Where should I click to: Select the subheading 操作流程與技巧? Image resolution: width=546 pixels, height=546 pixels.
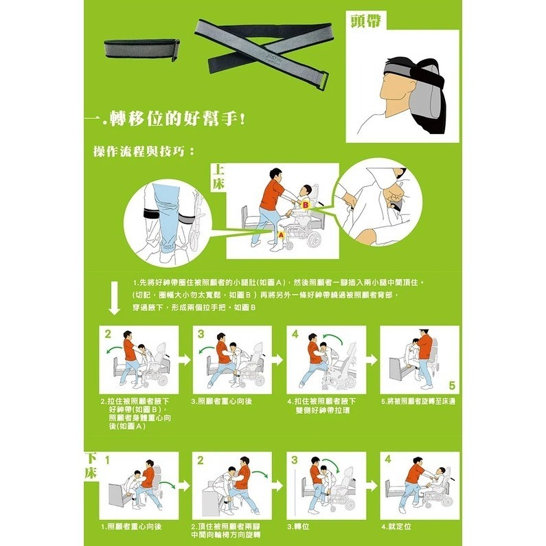click(x=144, y=151)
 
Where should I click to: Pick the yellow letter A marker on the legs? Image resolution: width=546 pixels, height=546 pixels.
click(x=280, y=234)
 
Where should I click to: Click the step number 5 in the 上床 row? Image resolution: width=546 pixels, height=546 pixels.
click(x=451, y=385)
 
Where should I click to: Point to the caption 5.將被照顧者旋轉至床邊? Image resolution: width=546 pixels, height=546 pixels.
click(x=418, y=401)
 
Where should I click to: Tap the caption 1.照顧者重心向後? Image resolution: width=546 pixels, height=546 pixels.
click(x=131, y=526)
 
